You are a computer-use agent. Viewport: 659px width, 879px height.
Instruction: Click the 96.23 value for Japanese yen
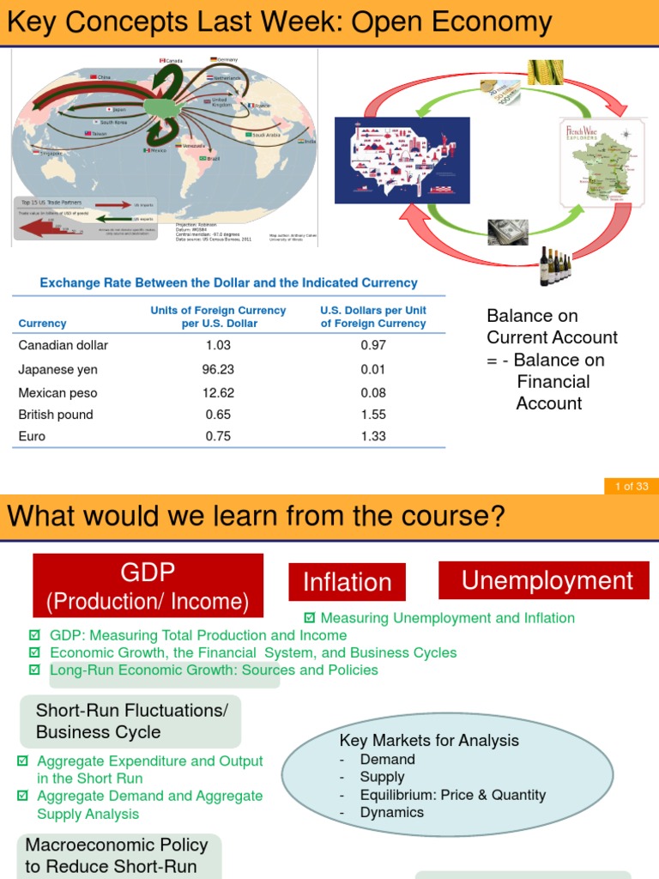(x=218, y=369)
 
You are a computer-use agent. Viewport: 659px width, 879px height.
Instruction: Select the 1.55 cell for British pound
(x=373, y=414)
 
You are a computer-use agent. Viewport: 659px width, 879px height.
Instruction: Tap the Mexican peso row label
(x=58, y=393)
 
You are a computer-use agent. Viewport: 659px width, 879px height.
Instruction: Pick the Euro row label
(x=32, y=436)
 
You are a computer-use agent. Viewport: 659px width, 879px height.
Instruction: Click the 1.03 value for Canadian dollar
(x=218, y=345)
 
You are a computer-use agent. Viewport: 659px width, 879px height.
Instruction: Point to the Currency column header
(x=42, y=324)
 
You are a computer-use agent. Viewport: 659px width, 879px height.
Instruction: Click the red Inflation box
(x=347, y=583)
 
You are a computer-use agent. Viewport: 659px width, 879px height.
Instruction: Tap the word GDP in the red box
(x=148, y=572)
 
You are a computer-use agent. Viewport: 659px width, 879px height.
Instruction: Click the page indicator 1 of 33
(x=632, y=487)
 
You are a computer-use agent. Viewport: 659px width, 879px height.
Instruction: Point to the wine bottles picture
(x=555, y=266)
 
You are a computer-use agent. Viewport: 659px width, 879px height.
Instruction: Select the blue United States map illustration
(x=402, y=160)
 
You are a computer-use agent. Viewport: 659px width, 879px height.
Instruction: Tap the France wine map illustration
(x=598, y=162)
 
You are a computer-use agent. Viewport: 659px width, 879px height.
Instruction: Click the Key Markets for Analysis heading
(x=429, y=740)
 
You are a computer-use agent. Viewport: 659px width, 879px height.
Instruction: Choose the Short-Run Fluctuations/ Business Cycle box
(x=130, y=721)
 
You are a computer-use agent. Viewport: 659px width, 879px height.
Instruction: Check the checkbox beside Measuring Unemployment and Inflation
(x=311, y=618)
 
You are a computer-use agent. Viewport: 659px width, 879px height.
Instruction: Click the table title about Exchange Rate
(x=229, y=282)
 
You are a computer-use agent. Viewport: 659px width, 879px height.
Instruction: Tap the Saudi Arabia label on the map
(x=266, y=135)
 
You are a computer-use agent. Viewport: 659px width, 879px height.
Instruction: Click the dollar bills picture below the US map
(x=508, y=232)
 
